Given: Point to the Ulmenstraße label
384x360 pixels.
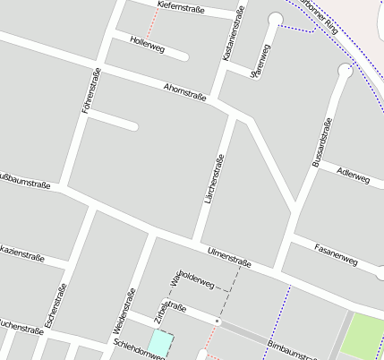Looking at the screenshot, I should tap(228, 257).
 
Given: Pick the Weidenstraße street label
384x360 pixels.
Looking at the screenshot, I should tap(124, 311).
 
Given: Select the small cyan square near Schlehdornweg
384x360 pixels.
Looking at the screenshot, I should tap(160, 342).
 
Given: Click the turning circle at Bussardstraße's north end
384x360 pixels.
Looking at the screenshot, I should tap(346, 71).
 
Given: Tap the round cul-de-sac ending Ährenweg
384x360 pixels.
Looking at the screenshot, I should tap(275, 20).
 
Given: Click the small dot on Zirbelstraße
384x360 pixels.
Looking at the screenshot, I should tap(218, 319).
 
